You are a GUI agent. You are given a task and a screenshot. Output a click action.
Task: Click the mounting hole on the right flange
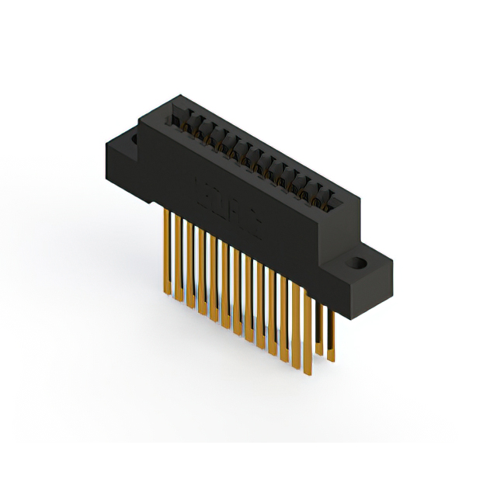pos(358,262)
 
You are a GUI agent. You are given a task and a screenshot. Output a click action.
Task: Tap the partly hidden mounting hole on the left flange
pos(134,141)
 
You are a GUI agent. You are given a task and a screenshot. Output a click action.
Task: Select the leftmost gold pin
pos(166,248)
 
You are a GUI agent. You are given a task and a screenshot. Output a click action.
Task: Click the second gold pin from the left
pos(178,256)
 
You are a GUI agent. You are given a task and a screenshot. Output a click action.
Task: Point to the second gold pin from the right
pos(319,326)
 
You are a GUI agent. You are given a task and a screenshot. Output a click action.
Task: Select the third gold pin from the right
pos(308,322)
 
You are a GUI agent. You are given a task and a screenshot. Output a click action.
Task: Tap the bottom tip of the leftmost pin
pos(167,293)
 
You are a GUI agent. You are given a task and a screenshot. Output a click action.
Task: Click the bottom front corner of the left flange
pos(137,190)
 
